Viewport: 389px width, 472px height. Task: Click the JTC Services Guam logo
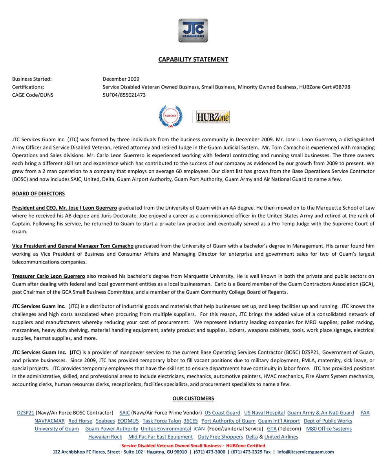(x=193, y=30)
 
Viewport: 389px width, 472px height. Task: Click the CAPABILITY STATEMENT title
(x=193, y=60)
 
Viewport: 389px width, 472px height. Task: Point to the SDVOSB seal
(x=170, y=116)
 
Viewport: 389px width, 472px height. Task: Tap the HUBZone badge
(x=211, y=117)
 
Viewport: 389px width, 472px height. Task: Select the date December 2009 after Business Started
(x=121, y=79)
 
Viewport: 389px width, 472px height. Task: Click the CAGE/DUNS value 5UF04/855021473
(x=124, y=95)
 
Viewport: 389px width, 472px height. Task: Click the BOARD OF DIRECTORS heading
(x=38, y=194)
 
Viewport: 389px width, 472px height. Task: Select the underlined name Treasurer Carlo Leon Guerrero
(x=49, y=276)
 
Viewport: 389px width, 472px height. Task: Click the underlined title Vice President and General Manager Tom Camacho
(x=73, y=246)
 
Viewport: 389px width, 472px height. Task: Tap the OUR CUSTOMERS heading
(x=193, y=399)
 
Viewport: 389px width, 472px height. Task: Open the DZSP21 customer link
(x=26, y=413)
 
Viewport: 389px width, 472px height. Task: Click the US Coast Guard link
(x=222, y=413)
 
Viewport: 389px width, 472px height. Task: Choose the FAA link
(x=365, y=413)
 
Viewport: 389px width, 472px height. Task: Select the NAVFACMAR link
(x=49, y=421)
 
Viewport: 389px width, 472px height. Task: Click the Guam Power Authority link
(x=111, y=429)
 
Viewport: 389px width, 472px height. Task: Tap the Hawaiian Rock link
(x=105, y=437)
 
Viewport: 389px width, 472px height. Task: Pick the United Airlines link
(x=281, y=437)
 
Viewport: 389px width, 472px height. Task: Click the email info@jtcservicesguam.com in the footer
(x=305, y=452)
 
